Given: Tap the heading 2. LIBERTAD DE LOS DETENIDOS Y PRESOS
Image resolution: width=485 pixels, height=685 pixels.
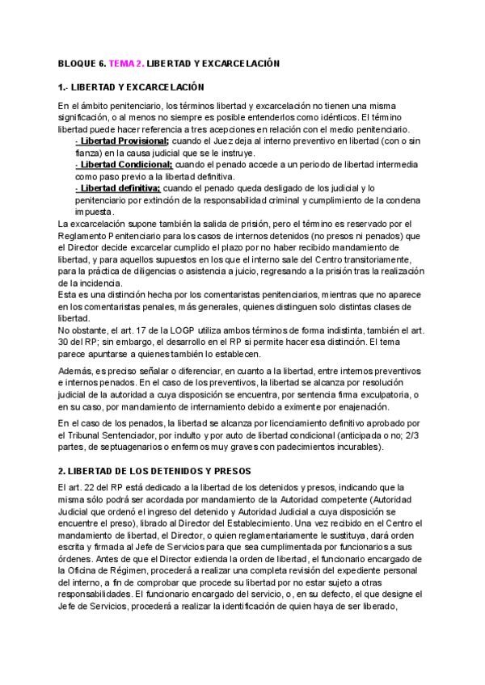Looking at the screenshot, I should pos(149,470).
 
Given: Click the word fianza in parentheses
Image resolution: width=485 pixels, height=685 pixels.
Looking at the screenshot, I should pos(86,153).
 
